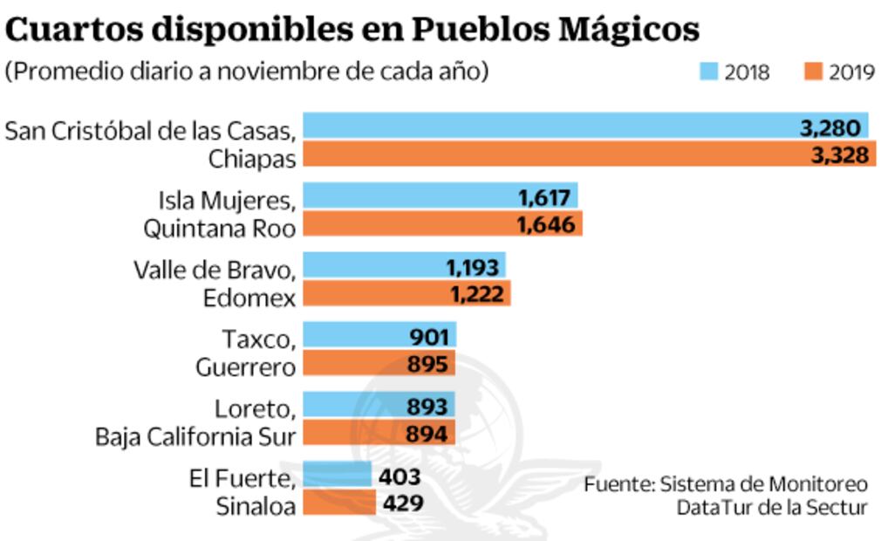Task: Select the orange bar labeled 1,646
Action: coord(442,225)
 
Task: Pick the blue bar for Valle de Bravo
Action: coord(403,267)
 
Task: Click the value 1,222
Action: coord(476,294)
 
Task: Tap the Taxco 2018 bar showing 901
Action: coord(379,337)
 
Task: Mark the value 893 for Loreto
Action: coord(427,407)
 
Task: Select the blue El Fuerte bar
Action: coord(337,476)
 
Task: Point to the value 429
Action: coord(401,503)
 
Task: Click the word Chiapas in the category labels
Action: coord(251,159)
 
